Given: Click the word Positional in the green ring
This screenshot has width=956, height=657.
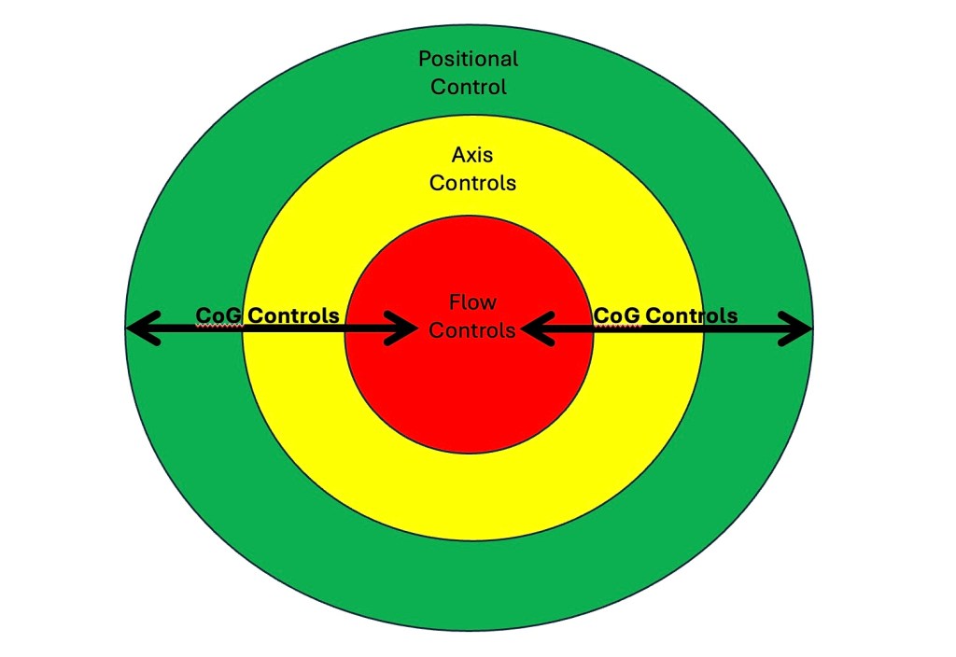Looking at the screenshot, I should [x=468, y=60].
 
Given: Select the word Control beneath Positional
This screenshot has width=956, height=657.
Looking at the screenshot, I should [x=468, y=88].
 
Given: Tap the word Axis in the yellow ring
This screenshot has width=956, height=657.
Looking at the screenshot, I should [x=471, y=154].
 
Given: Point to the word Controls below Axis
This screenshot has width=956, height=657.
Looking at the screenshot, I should [x=472, y=183].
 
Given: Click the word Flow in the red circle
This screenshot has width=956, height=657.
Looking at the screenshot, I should [x=472, y=302].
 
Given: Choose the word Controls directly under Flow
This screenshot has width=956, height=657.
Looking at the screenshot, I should [x=472, y=330].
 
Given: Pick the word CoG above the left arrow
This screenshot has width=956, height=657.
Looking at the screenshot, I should [x=219, y=315].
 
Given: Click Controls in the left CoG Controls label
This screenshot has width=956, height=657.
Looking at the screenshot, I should [x=293, y=315].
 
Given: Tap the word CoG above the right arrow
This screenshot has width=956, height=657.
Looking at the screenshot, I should [x=617, y=315].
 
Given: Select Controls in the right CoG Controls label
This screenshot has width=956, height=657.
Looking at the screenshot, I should [x=691, y=315].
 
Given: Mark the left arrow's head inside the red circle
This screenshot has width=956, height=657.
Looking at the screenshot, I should [x=406, y=328].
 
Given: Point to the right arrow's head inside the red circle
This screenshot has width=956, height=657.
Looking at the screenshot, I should [x=533, y=328].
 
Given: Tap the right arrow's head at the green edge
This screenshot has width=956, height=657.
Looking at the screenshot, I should [x=799, y=328].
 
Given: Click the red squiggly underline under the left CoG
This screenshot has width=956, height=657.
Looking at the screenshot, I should [x=219, y=325].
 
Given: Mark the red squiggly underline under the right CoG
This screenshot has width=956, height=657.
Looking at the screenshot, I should [x=617, y=325].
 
